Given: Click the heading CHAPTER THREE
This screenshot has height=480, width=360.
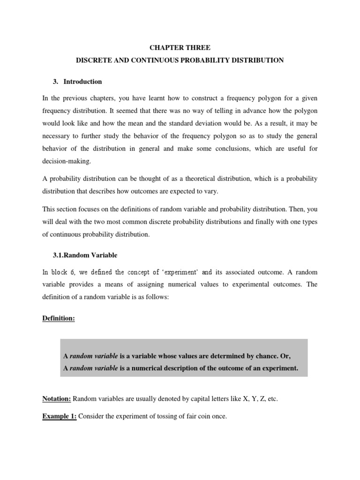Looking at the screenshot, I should (180, 47).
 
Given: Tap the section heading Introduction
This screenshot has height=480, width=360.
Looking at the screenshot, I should (82, 82).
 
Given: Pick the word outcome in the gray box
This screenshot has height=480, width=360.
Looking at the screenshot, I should (224, 368).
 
